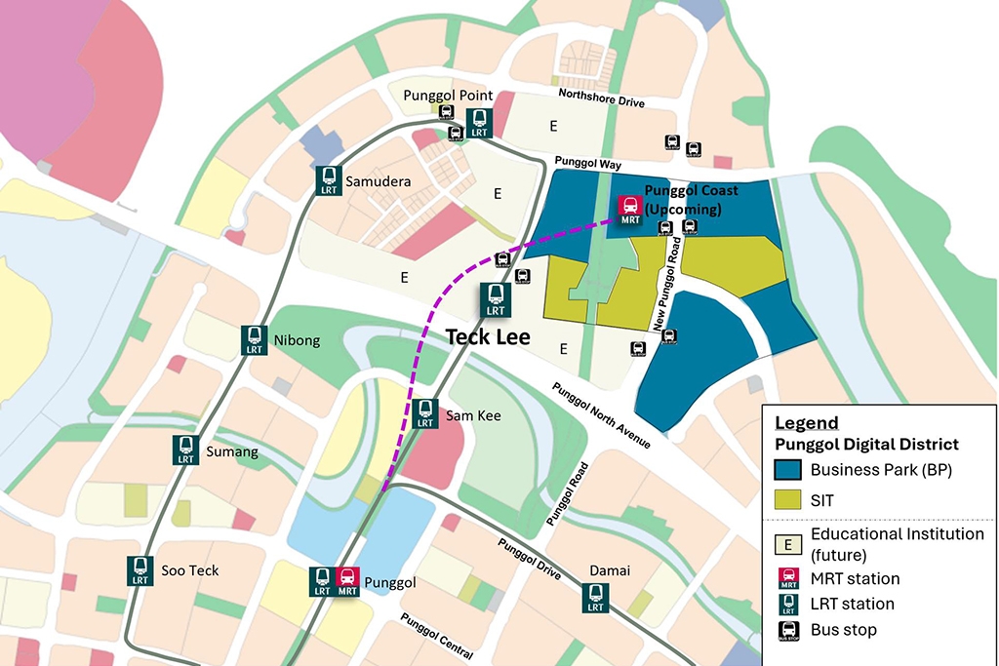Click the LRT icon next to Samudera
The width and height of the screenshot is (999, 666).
pyautogui.click(x=329, y=179)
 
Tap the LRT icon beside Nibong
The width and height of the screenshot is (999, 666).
pyautogui.click(x=255, y=339)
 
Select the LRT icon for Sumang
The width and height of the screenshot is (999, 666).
pyautogui.click(x=186, y=450)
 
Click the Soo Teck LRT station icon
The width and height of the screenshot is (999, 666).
pyautogui.click(x=140, y=569)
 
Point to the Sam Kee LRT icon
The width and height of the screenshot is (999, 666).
pyautogui.click(x=424, y=413)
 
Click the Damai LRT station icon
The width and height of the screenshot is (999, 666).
pyautogui.click(x=594, y=597)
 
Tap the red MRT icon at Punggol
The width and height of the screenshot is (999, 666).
pyautogui.click(x=347, y=581)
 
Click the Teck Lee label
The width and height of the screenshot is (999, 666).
pyautogui.click(x=488, y=337)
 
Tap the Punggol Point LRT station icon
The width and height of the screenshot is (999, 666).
pyautogui.click(x=479, y=122)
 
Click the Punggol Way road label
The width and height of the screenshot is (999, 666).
pyautogui.click(x=587, y=164)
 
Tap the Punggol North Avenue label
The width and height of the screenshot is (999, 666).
pyautogui.click(x=601, y=415)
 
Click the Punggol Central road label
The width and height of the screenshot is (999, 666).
pyautogui.click(x=436, y=639)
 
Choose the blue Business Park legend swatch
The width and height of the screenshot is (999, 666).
pyautogui.click(x=787, y=470)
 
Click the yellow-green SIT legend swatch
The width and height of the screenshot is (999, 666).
pyautogui.click(x=787, y=499)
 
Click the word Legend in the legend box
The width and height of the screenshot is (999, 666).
pyautogui.click(x=806, y=422)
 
